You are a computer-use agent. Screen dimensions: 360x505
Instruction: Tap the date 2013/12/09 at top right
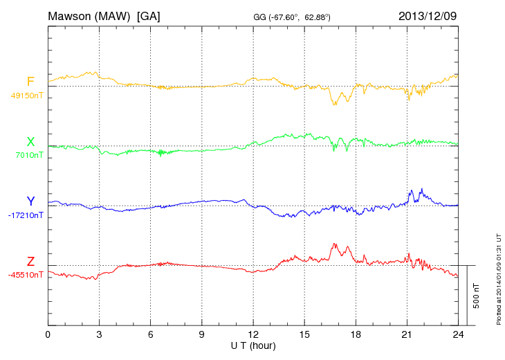tap(427, 15)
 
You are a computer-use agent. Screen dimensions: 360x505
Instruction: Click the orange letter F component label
tap(30, 82)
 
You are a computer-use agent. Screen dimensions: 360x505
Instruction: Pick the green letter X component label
tap(30, 142)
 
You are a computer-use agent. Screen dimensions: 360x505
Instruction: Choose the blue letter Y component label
tap(30, 201)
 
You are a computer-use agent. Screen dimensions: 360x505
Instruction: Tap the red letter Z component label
tap(30, 261)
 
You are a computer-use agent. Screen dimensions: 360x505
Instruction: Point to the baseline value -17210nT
tap(26, 215)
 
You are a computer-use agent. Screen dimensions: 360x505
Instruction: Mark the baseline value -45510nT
tap(26, 275)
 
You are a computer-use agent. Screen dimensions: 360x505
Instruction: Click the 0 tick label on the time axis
tap(48, 335)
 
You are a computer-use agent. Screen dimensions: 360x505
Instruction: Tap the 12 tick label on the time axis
tap(253, 335)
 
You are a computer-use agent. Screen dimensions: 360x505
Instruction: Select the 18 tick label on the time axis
tap(356, 335)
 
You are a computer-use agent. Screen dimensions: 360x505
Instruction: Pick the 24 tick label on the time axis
tap(458, 335)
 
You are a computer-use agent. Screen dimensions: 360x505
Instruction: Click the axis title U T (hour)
tap(253, 345)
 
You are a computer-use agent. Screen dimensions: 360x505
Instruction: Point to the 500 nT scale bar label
tap(477, 296)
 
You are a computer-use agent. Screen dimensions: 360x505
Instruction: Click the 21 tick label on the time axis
tap(407, 335)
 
